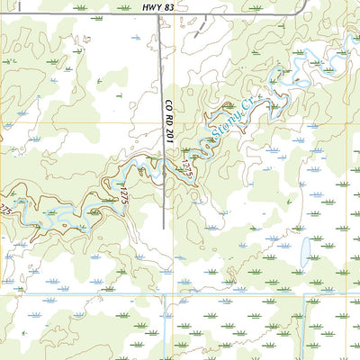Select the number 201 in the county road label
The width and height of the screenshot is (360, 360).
click(168, 131)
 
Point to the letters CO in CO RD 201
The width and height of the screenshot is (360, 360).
click(168, 105)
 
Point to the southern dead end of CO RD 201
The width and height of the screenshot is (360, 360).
click(163, 227)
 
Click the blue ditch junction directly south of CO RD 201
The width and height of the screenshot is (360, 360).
click(165, 293)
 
